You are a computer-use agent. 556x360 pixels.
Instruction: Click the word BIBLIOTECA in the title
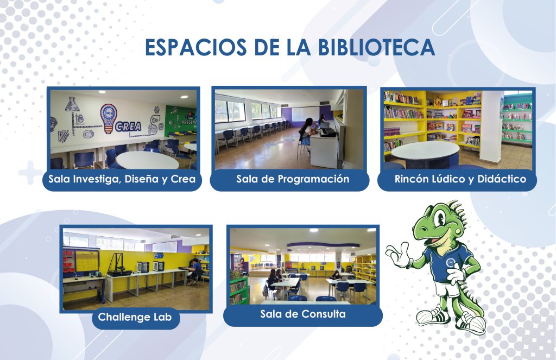376,47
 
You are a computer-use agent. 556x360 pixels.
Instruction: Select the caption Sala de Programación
293,179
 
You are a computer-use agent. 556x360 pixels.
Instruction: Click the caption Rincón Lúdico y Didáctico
460,179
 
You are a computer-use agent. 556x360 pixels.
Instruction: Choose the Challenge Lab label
135,317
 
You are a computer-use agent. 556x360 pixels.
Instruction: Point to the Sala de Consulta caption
303,314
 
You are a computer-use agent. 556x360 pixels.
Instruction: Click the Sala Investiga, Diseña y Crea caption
122,179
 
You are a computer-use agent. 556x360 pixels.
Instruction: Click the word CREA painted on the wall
128,127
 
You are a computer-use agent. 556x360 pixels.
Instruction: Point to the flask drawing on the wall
71,104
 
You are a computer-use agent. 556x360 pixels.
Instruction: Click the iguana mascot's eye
440,218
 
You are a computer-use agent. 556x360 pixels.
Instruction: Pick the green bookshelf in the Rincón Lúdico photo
517,119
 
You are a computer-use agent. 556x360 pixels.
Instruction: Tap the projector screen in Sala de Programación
305,114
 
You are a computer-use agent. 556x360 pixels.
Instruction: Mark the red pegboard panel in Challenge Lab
69,261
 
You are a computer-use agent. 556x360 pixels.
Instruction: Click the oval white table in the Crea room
148,160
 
